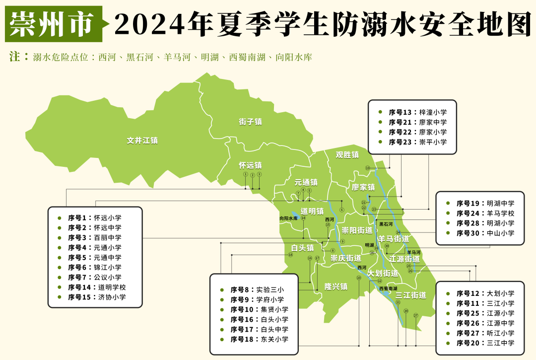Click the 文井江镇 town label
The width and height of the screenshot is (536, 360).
tap(142, 141)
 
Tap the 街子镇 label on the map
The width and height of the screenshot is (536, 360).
tap(250, 122)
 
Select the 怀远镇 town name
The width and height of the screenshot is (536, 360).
tap(250, 165)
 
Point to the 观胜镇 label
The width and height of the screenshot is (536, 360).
tap(347, 154)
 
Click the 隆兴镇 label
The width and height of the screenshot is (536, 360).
tap(335, 286)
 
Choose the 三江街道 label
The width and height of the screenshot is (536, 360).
tap(411, 295)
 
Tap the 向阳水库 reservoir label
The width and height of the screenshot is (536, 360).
tap(288, 218)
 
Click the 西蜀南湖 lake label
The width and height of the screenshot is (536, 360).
tap(388, 288)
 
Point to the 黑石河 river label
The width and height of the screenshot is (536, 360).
tap(386, 224)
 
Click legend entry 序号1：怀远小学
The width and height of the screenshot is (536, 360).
tap(94, 217)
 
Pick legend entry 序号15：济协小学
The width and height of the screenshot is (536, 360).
tap(97, 297)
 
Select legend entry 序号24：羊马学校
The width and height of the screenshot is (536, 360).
tap(485, 213)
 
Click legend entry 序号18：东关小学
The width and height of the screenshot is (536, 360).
tap(259, 339)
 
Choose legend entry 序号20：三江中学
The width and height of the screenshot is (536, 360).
tap(485, 343)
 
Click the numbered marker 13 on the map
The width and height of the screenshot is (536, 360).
tap(368, 168)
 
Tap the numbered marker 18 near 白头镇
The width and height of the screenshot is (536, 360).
tap(290, 255)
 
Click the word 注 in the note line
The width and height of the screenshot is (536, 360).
tap(14, 57)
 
